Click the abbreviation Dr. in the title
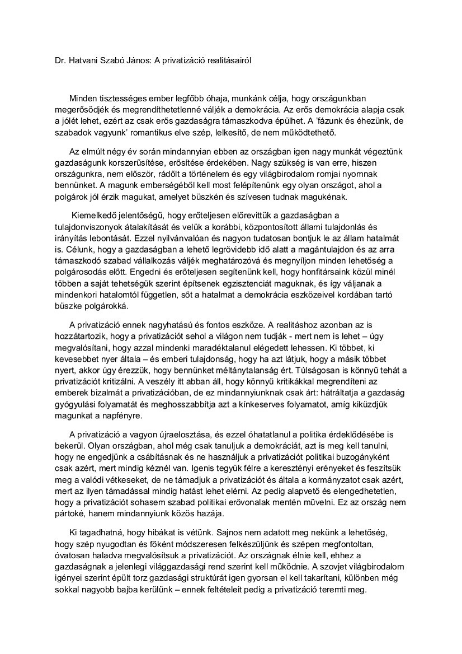click(53, 60)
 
